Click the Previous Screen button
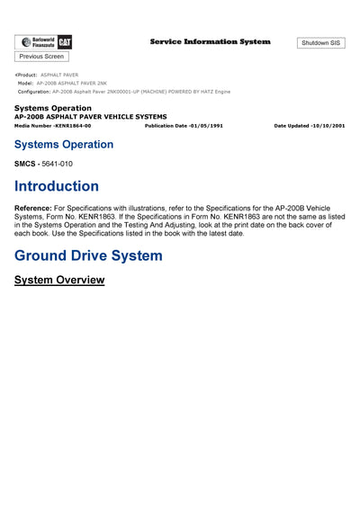click(41, 57)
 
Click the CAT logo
click(65, 42)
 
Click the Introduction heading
click(57, 186)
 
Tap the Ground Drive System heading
click(88, 255)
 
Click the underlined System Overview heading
click(59, 280)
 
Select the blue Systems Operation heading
click(64, 144)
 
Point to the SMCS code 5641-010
click(57, 164)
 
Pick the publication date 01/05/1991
click(204, 126)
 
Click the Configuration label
click(34, 92)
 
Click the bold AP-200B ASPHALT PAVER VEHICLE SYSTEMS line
click(90, 117)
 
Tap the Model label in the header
click(25, 83)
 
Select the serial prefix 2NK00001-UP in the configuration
click(125, 92)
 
